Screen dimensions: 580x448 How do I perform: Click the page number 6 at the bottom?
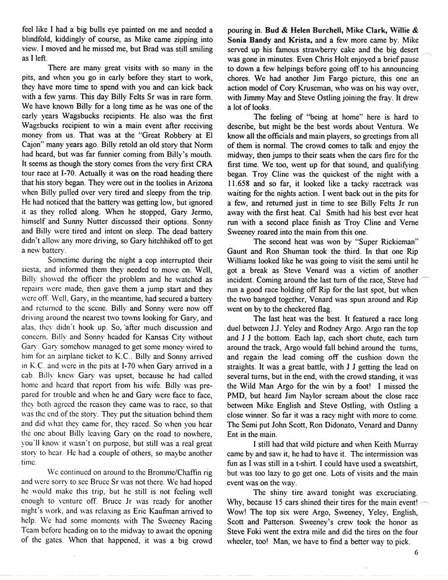tap(416, 553)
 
